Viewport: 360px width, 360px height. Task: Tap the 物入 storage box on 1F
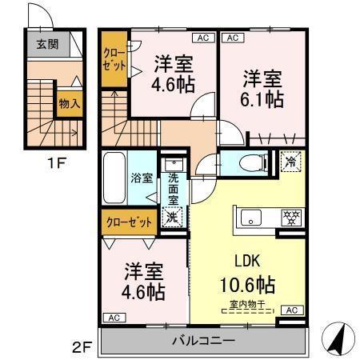pyautogui.click(x=69, y=103)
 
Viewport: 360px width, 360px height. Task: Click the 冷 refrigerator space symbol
pyautogui.click(x=290, y=160)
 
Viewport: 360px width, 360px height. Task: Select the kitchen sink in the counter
pyautogui.click(x=248, y=217)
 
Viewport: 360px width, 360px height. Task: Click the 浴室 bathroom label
pyautogui.click(x=142, y=178)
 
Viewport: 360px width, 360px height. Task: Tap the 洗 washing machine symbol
pyautogui.click(x=172, y=216)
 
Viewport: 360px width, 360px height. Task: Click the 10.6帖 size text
pyautogui.click(x=248, y=284)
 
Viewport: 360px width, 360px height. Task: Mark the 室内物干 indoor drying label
pyautogui.click(x=247, y=304)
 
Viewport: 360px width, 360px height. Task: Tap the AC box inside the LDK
pyautogui.click(x=293, y=310)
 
